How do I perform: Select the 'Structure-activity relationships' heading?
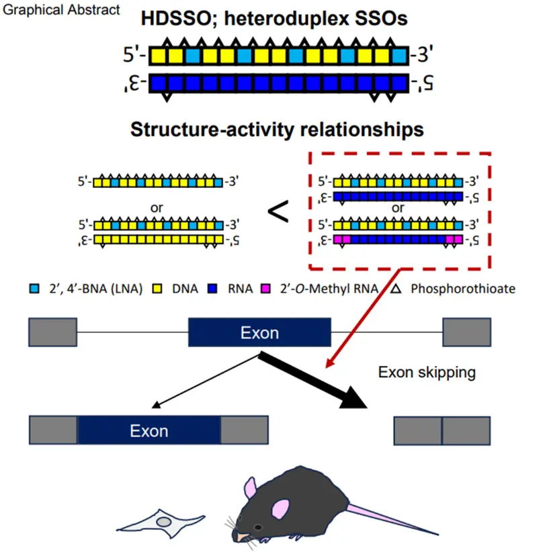pos(276,130)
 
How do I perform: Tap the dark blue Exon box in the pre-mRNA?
pos(259,333)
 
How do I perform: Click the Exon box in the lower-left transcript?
pos(149,430)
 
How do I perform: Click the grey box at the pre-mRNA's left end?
pos(52,333)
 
